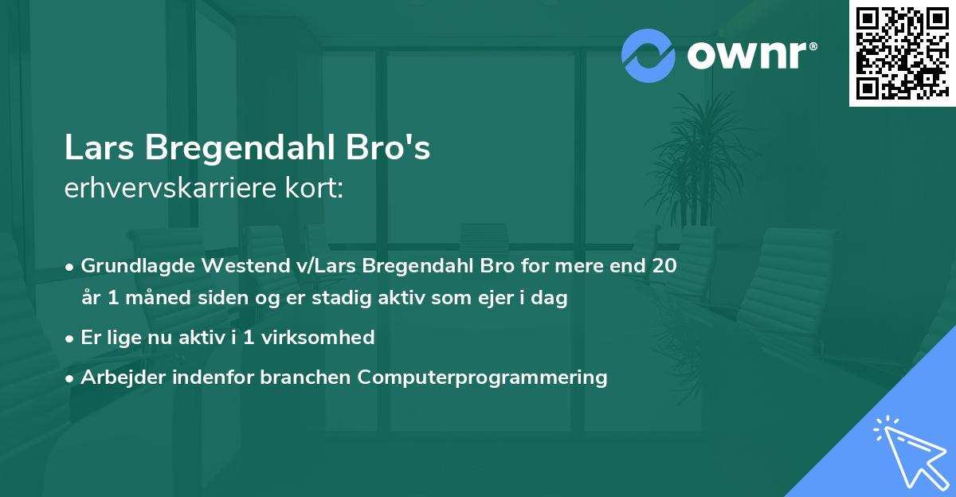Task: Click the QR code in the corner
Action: click(x=902, y=53)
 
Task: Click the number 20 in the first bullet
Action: click(x=664, y=265)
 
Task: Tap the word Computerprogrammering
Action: click(x=482, y=377)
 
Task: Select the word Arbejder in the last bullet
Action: click(x=117, y=377)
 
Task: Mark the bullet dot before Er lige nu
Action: click(x=70, y=338)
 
